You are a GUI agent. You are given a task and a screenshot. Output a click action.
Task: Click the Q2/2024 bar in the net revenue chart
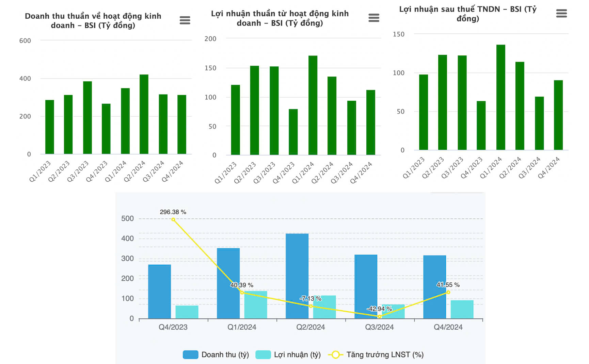pyautogui.click(x=144, y=114)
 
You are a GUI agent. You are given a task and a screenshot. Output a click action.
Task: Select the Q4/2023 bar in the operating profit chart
pyautogui.click(x=293, y=132)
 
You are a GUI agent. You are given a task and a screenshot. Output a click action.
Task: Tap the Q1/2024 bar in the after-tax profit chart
pyautogui.click(x=500, y=97)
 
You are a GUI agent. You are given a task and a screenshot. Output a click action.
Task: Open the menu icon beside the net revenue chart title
pyautogui.click(x=185, y=20)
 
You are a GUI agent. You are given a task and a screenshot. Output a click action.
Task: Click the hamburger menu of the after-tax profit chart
pyautogui.click(x=561, y=14)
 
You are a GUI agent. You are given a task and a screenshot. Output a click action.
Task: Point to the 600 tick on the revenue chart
pyautogui.click(x=25, y=41)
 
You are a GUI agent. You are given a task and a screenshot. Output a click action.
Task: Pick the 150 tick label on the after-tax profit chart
pyautogui.click(x=399, y=34)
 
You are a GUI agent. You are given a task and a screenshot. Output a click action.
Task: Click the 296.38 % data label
pyautogui.click(x=173, y=212)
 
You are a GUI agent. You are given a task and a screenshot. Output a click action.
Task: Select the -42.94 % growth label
pyautogui.click(x=379, y=309)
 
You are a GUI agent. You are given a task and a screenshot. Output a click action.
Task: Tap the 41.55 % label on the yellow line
pyautogui.click(x=448, y=285)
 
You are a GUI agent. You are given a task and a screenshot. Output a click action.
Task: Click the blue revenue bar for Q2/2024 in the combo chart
pyautogui.click(x=297, y=276)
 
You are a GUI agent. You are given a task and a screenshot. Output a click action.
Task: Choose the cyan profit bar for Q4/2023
pyautogui.click(x=187, y=312)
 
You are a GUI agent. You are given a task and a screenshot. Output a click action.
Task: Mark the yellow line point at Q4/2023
pyautogui.click(x=173, y=220)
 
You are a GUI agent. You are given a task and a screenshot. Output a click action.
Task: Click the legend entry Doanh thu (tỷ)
pyautogui.click(x=216, y=354)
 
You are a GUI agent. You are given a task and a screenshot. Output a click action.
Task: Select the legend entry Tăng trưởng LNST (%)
pyautogui.click(x=376, y=354)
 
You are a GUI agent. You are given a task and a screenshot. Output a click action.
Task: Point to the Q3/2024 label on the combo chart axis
pyautogui.click(x=379, y=327)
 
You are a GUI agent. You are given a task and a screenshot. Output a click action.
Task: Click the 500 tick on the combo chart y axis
pyautogui.click(x=128, y=218)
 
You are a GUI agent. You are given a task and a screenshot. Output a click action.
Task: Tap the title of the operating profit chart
pyautogui.click(x=280, y=18)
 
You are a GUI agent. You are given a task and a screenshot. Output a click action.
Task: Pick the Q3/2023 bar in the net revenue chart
pyautogui.click(x=87, y=118)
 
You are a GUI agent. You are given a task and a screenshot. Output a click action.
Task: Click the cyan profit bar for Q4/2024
pyautogui.click(x=462, y=309)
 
